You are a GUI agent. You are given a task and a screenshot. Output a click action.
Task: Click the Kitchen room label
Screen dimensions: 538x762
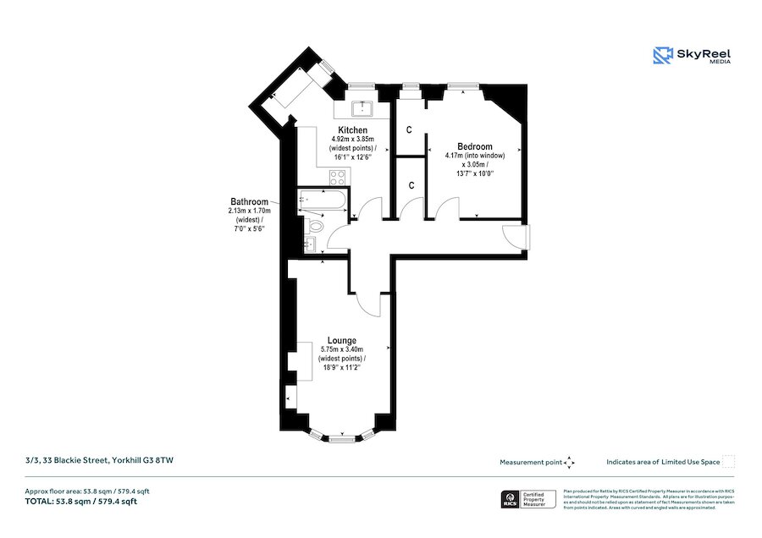tap(353, 129)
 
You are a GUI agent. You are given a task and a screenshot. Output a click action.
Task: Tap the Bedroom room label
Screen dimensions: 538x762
tap(474, 146)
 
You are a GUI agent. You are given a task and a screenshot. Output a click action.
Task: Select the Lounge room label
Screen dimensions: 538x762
tap(342, 340)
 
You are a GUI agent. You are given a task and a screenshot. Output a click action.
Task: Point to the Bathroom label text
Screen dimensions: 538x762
tap(247, 201)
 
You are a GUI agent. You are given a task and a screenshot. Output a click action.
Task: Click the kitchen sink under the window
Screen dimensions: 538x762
tap(363, 108)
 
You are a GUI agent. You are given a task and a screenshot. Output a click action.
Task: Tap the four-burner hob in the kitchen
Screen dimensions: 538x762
tap(336, 178)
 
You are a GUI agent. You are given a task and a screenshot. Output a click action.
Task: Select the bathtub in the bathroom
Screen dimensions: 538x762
tap(321, 202)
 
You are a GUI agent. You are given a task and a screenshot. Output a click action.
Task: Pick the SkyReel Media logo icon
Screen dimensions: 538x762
tap(662, 56)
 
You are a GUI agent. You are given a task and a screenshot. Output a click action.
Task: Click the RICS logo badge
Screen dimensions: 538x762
tap(511, 499)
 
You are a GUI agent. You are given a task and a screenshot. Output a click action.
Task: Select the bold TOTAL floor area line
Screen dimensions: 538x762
tap(80, 502)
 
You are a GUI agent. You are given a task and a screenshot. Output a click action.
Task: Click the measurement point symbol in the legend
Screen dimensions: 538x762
tap(570, 462)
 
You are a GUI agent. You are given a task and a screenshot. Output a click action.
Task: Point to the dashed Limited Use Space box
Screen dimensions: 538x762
tap(728, 462)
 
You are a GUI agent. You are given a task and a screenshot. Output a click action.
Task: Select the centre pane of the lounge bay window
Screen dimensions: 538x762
tap(342, 438)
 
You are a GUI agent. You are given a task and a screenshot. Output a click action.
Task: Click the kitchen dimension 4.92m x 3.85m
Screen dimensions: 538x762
tap(353, 139)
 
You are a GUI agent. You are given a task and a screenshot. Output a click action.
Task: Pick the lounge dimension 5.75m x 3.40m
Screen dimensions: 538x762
tap(342, 349)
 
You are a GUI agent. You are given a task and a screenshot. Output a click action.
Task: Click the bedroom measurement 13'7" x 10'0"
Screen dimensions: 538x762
tap(474, 173)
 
